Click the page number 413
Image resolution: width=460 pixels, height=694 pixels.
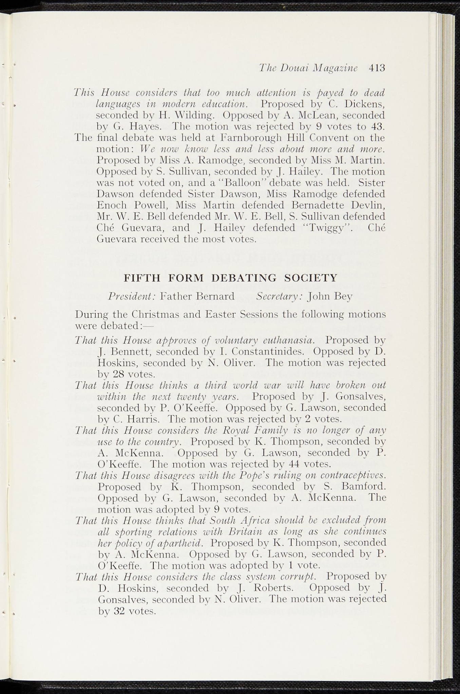point(378,68)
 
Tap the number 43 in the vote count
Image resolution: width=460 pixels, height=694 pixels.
point(377,127)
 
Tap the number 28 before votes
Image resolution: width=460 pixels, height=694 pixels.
point(117,374)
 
